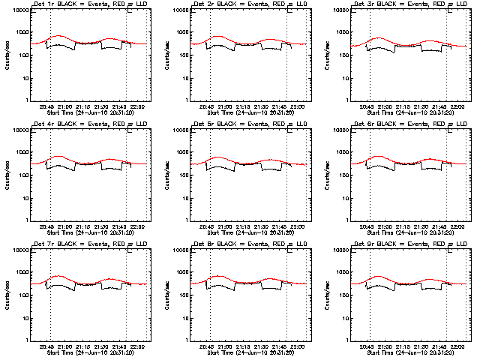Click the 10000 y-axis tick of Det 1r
click(19, 10)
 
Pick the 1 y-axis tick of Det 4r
click(25, 220)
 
